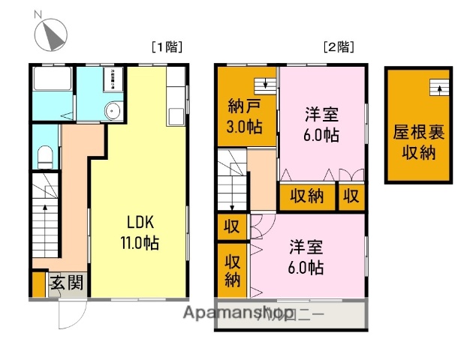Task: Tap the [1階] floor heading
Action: point(167,46)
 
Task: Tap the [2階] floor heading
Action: point(339,46)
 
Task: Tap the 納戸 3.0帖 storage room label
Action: point(246,117)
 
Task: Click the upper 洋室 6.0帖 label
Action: point(321,124)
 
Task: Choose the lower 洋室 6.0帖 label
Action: point(306,256)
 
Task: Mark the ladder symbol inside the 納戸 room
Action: point(263,85)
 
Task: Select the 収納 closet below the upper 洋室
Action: point(306,196)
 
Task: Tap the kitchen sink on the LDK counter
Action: point(176,117)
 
